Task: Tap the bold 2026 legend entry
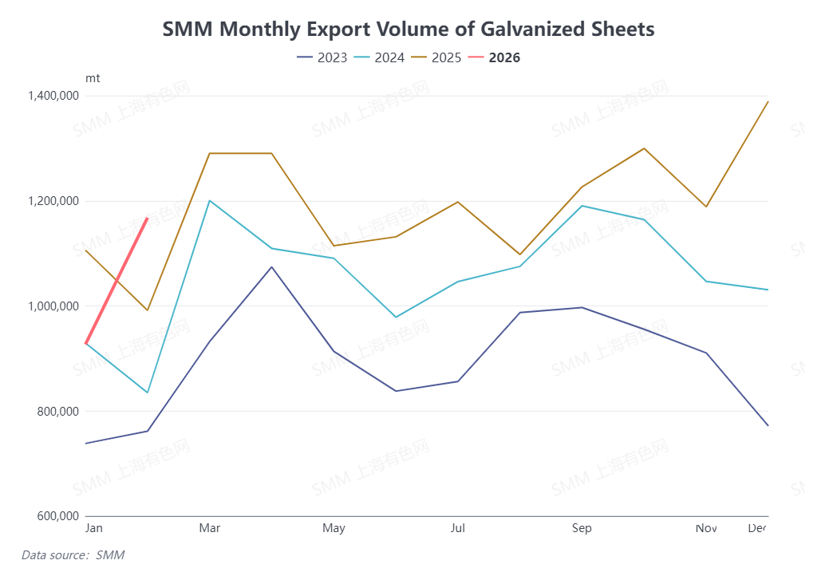tap(503, 57)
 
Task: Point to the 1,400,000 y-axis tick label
tap(52, 96)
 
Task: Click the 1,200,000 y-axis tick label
tap(52, 201)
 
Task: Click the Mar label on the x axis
tap(210, 528)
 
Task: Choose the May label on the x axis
tap(334, 528)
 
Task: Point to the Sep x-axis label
tap(582, 528)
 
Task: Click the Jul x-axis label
tap(458, 528)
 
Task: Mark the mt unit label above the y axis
tap(93, 78)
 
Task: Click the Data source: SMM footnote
tap(73, 554)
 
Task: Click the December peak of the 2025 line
tap(768, 101)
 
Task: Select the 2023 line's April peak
tap(271, 266)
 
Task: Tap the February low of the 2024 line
tap(148, 393)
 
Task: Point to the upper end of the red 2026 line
tap(147, 218)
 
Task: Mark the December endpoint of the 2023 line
tap(768, 425)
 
